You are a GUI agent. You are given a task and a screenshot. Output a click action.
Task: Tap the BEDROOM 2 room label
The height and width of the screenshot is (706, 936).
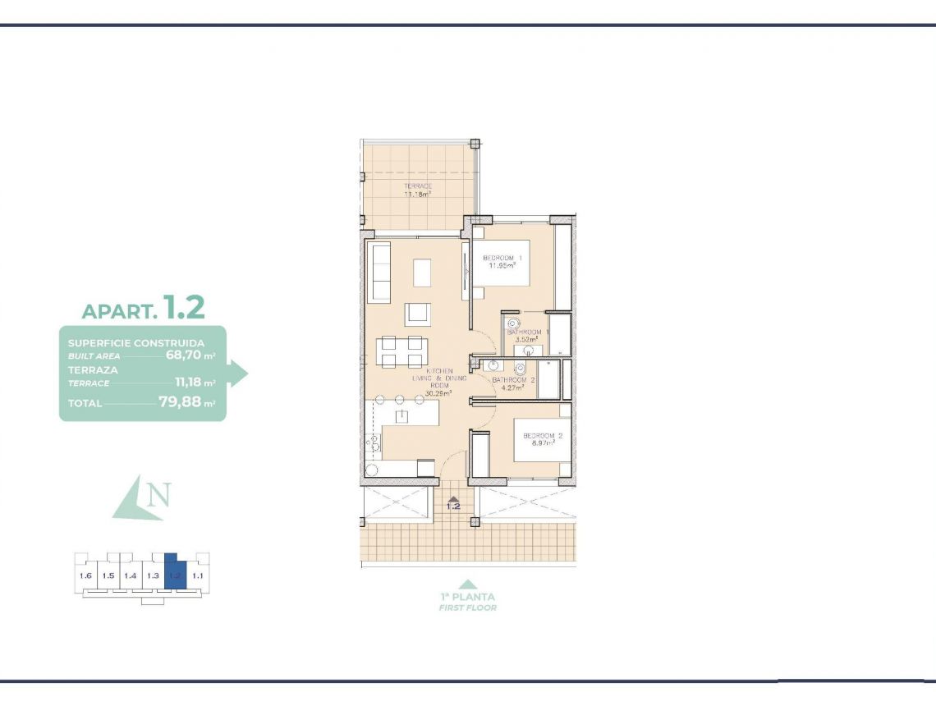539,435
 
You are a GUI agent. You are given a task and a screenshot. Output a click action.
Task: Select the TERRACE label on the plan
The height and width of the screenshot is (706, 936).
418,186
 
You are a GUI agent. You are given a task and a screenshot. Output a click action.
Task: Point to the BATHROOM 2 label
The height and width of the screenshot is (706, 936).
514,381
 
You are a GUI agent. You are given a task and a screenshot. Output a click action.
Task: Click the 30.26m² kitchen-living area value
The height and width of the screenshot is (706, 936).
439,393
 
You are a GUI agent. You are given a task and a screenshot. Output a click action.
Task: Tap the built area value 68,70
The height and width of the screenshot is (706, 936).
184,355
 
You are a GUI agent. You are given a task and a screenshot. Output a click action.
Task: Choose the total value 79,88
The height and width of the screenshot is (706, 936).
180,403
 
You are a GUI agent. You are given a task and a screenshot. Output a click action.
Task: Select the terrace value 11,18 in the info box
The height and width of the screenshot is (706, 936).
188,382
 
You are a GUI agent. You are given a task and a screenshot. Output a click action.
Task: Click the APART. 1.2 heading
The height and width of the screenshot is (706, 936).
143,309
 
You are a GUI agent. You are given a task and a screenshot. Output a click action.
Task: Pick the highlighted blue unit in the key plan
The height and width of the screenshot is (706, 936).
175,575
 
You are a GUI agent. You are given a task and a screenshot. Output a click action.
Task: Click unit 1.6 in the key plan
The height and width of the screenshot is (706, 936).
85,575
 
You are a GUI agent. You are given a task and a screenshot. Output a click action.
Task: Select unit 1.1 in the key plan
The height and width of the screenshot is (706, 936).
197,575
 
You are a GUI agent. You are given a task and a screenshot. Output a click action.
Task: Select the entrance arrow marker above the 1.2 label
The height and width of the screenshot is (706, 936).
453,497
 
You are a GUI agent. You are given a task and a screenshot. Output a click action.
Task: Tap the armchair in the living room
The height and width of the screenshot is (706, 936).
417,314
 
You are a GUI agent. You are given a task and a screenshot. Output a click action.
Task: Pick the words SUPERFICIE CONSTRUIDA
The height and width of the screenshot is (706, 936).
136,342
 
